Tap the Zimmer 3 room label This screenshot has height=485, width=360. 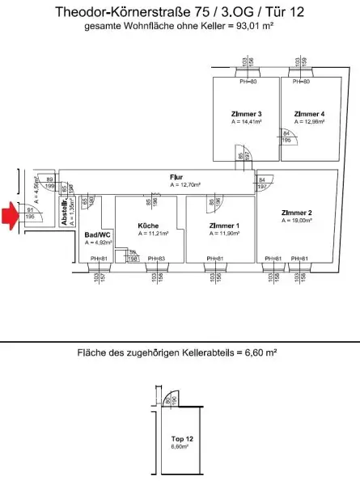pos(246,114)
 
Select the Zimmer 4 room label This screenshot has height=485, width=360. pos(309,114)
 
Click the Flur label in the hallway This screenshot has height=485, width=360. pos(176,177)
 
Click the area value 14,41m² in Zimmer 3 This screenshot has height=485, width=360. pos(247,123)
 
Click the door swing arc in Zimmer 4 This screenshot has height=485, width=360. pos(290,139)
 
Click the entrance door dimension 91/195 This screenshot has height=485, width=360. pos(30,213)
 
